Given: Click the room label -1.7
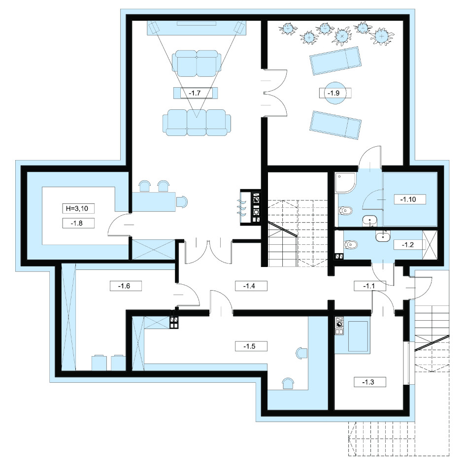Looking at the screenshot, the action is tap(195, 93).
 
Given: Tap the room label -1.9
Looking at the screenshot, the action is tap(333, 93).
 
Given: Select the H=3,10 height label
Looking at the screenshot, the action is tap(77, 208).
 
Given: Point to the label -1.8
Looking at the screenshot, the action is tap(77, 223).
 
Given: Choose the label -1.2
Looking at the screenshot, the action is tap(408, 245).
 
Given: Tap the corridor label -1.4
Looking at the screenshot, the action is tap(249, 286).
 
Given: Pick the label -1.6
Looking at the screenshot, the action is tap(124, 286).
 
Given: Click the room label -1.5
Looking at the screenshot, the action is tap(249, 346).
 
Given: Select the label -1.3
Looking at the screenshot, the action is tap(368, 382).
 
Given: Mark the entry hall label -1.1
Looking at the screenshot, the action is tap(369, 286).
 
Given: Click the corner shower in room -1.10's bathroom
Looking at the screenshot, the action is tap(346, 183).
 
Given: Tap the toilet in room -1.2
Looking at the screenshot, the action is tap(351, 245).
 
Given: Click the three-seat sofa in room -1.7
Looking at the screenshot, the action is tap(197, 123).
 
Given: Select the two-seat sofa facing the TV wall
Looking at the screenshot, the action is tap(197, 64).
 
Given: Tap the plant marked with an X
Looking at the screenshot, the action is tap(342, 36).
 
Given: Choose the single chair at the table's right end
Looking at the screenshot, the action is tap(182, 201).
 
